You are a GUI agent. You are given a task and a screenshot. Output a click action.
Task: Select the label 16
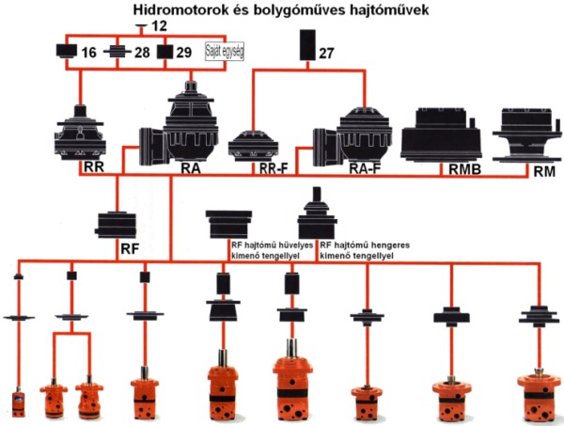[88, 51]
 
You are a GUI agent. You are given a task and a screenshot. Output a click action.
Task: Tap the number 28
[141, 51]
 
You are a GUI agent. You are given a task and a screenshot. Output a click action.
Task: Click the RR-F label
[273, 170]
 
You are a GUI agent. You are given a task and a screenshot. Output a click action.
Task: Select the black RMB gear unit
[443, 134]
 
